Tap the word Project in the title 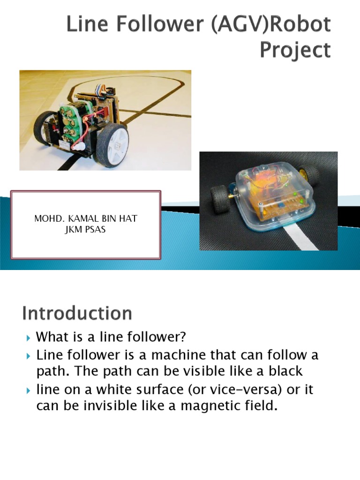pos(295,49)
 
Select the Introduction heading pos(77,313)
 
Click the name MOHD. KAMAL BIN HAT pos(86,219)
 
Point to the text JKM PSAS pos(86,230)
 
